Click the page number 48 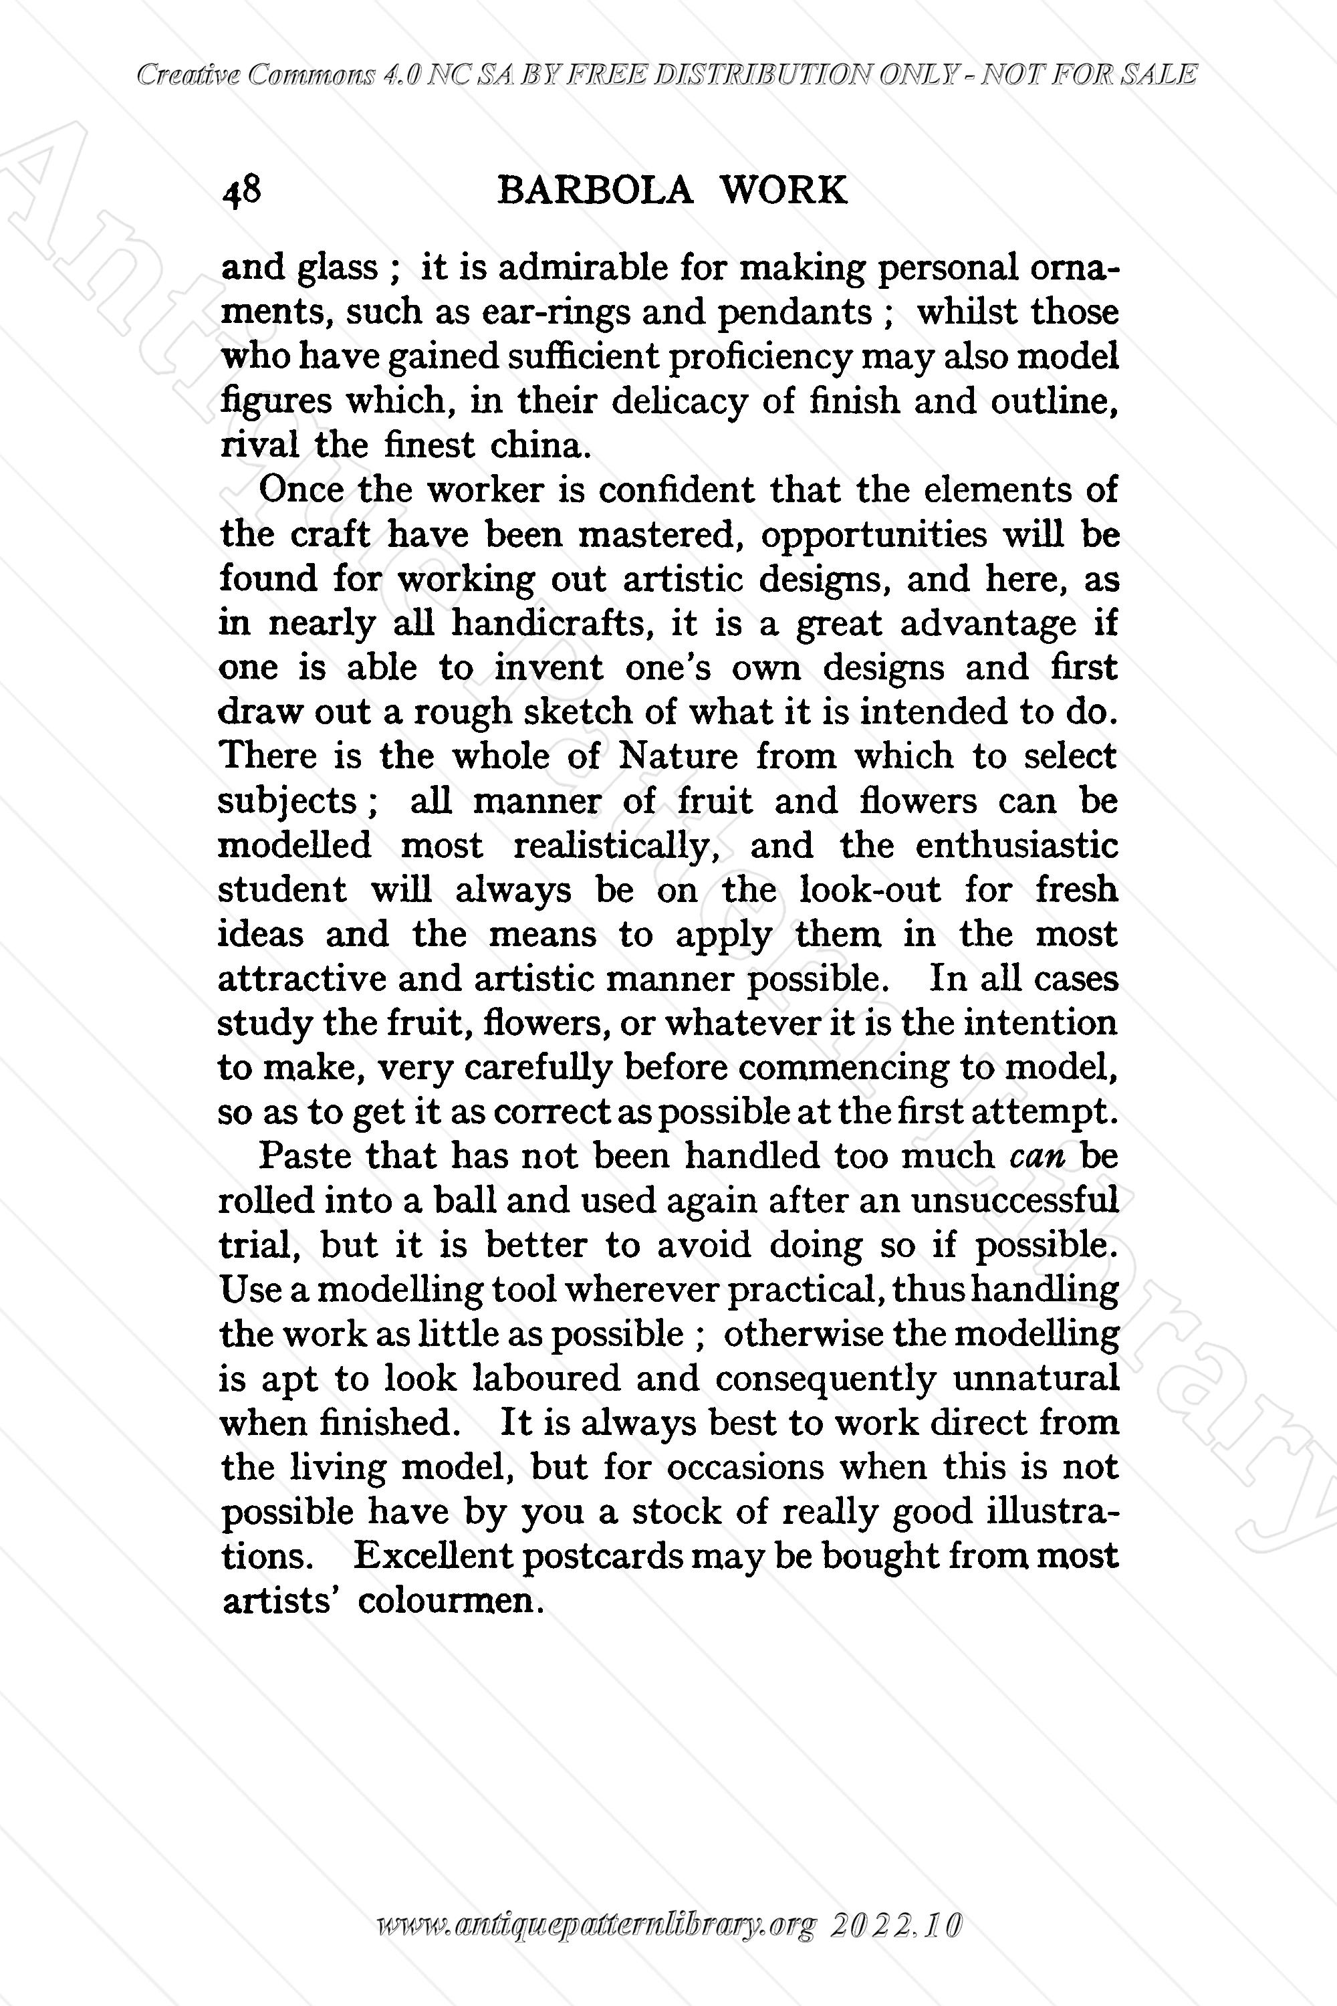pyautogui.click(x=241, y=190)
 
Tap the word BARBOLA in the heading pyautogui.click(x=594, y=190)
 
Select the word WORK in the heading pyautogui.click(x=783, y=190)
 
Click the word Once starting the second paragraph pyautogui.click(x=301, y=490)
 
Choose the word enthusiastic pyautogui.click(x=1016, y=845)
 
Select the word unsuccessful pyautogui.click(x=1014, y=1201)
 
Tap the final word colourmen pyautogui.click(x=450, y=1601)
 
